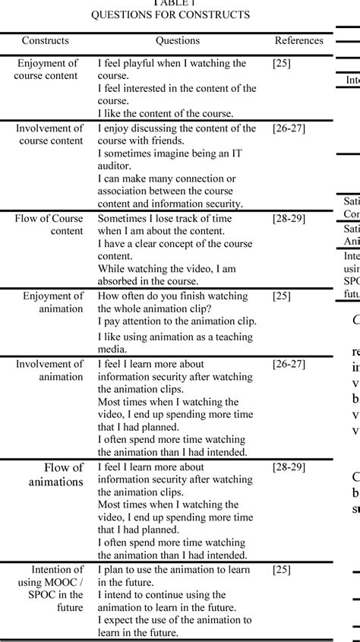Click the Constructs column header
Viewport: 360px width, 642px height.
(x=45, y=40)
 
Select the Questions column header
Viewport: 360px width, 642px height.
(x=178, y=40)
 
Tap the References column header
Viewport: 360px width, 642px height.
(x=298, y=40)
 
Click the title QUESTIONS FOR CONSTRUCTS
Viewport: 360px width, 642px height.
(x=180, y=14)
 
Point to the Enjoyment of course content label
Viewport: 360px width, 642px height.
(x=47, y=69)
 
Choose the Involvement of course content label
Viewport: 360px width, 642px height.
(x=49, y=134)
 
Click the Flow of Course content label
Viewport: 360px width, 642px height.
(x=49, y=225)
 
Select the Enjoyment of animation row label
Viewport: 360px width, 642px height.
(x=52, y=302)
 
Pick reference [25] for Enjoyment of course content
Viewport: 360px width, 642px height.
(x=281, y=63)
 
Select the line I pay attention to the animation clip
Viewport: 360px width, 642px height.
(x=177, y=321)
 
